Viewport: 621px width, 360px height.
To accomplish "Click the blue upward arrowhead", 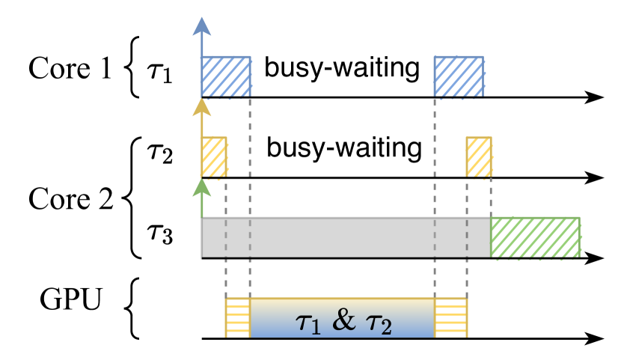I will [x=201, y=27].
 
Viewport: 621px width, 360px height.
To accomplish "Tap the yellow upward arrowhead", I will [x=201, y=108].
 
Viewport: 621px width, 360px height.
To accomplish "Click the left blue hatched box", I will [x=225, y=76].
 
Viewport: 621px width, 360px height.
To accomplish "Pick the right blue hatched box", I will [x=459, y=76].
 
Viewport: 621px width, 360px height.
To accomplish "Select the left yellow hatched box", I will [x=213, y=156].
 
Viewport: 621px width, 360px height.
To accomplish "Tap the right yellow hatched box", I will [x=479, y=156].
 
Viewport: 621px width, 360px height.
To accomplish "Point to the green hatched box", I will [x=535, y=237].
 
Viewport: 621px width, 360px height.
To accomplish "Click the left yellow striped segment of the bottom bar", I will [x=237, y=317].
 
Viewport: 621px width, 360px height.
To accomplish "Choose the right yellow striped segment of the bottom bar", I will [x=451, y=317].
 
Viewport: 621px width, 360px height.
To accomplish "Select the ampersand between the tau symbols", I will [x=343, y=320].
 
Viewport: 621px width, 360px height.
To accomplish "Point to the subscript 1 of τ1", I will [x=316, y=328].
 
